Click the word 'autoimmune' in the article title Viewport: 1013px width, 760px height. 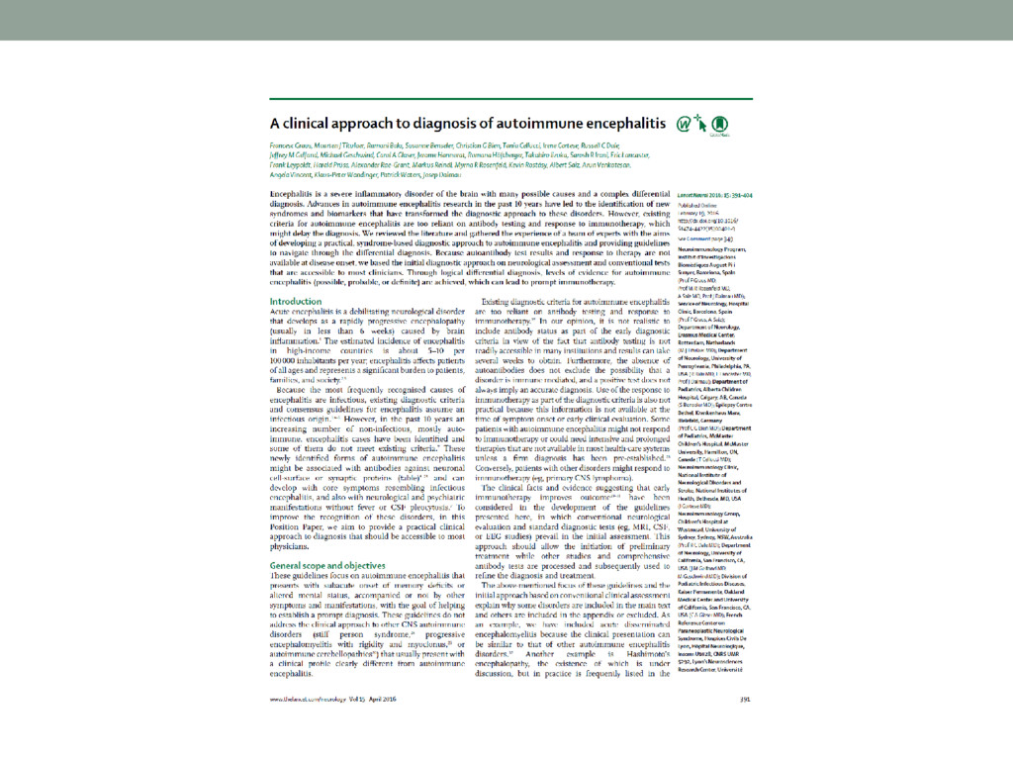tap(528, 126)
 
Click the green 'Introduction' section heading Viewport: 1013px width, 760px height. tap(295, 301)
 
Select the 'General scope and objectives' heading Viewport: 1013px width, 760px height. tap(332, 565)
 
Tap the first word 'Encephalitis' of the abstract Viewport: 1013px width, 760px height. tap(296, 188)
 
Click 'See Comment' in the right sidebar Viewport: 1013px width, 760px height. tap(697, 238)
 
